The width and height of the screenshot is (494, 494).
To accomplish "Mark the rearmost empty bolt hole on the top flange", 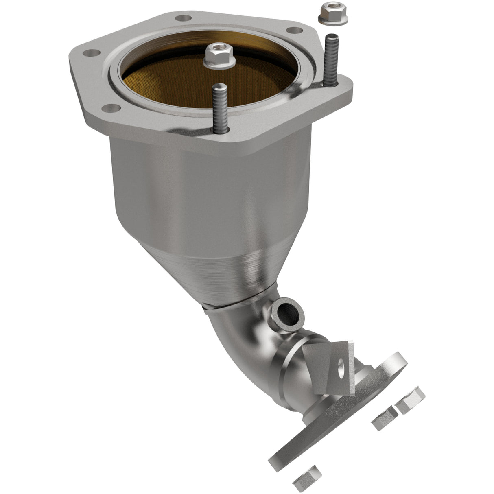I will coord(185,17).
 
